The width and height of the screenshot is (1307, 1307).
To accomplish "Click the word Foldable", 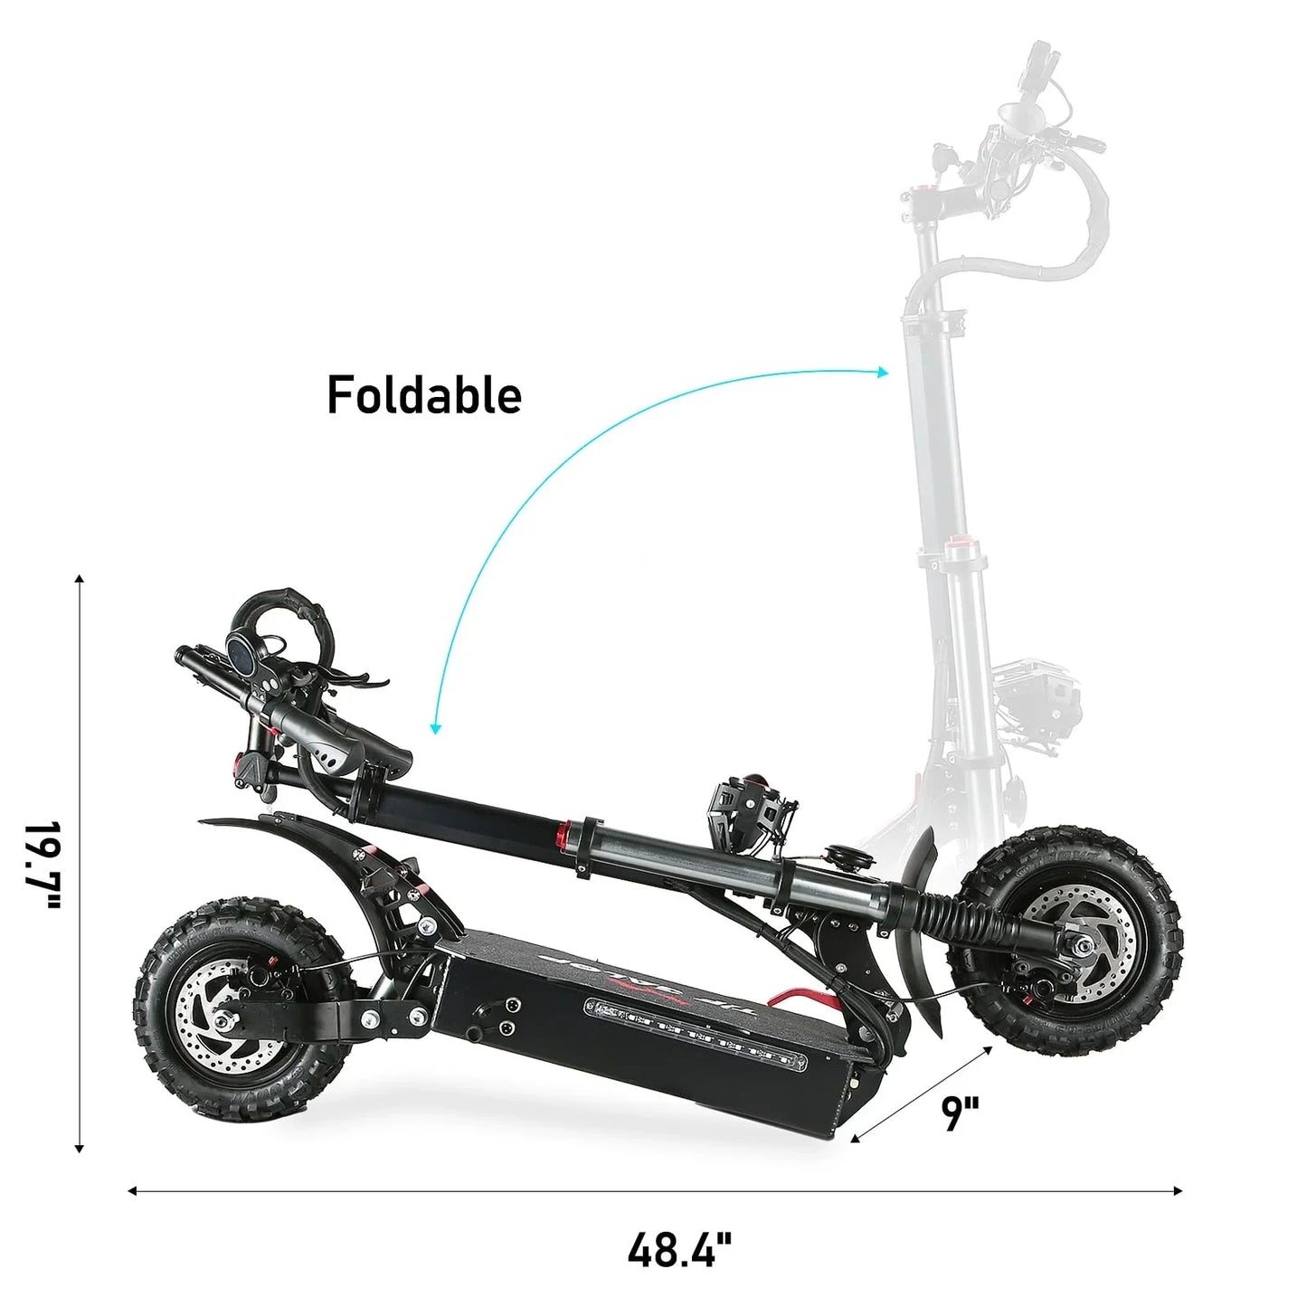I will tap(424, 395).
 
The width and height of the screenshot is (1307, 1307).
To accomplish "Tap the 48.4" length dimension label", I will tap(679, 1251).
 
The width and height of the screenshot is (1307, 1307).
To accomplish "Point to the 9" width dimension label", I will tap(960, 1113).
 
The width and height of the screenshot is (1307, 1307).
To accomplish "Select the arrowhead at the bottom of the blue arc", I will tap(436, 728).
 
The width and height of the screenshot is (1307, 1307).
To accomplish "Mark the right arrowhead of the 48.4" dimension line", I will tap(1177, 1191).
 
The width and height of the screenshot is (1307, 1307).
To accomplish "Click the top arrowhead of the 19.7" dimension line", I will tap(80, 580).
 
